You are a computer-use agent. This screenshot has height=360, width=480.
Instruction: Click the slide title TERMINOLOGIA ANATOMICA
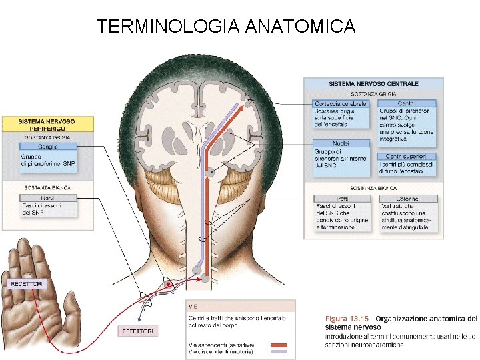[226, 27]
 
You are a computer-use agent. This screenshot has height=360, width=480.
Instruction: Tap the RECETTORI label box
[27, 283]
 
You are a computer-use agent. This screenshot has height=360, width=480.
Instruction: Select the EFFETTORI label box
[137, 331]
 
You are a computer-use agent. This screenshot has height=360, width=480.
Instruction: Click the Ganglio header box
[48, 147]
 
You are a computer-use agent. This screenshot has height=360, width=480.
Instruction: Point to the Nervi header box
[48, 198]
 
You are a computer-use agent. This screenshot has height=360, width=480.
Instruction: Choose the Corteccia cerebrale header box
[340, 104]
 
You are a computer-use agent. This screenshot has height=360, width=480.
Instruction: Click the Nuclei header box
[340, 143]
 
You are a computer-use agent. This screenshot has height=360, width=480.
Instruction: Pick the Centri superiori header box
[406, 156]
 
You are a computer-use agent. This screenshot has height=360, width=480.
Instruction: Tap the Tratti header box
[340, 198]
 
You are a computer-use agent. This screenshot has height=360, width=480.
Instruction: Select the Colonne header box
[407, 198]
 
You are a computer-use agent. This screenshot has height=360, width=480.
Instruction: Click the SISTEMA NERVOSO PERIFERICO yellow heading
[47, 125]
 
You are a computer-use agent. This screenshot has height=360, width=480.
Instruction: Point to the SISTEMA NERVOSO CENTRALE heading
[373, 84]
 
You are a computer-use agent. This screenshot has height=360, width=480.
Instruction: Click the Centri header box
[406, 104]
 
